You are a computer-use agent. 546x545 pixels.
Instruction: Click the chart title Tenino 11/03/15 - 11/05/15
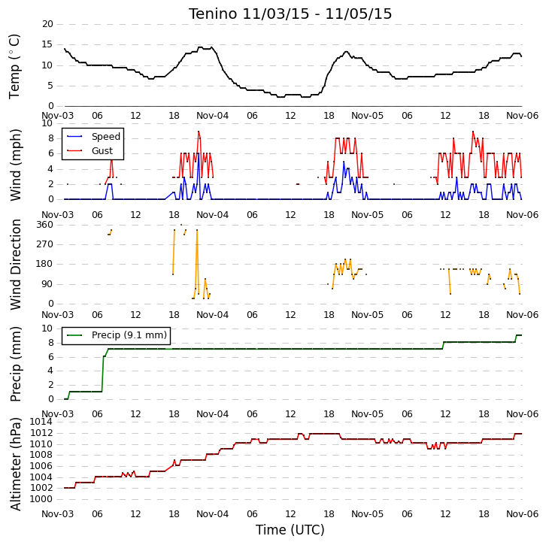point(290,14)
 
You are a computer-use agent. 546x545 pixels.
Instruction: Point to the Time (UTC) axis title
point(290,530)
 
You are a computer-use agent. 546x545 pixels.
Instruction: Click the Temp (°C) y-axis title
point(14,66)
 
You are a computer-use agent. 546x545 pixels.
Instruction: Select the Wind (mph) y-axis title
point(16,165)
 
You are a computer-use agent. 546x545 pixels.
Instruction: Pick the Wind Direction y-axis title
point(16,265)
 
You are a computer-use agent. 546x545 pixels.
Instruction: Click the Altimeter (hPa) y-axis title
point(16,464)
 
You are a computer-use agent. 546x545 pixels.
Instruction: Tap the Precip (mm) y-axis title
point(16,364)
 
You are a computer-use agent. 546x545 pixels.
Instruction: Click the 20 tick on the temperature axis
point(47,24)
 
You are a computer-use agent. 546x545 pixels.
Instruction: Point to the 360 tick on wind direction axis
point(45,225)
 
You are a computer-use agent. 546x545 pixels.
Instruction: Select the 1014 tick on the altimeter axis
point(41,422)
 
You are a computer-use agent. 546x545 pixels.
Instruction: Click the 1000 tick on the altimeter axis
point(41,499)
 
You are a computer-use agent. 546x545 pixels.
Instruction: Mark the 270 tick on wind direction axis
point(45,244)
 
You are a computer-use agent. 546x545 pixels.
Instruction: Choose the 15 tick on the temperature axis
point(47,44)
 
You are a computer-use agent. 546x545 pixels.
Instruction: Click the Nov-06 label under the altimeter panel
point(523,514)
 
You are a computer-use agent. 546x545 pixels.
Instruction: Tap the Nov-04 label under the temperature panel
point(212,116)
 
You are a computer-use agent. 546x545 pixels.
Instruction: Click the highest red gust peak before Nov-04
point(199,132)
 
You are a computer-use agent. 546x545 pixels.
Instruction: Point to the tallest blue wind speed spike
point(198,153)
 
